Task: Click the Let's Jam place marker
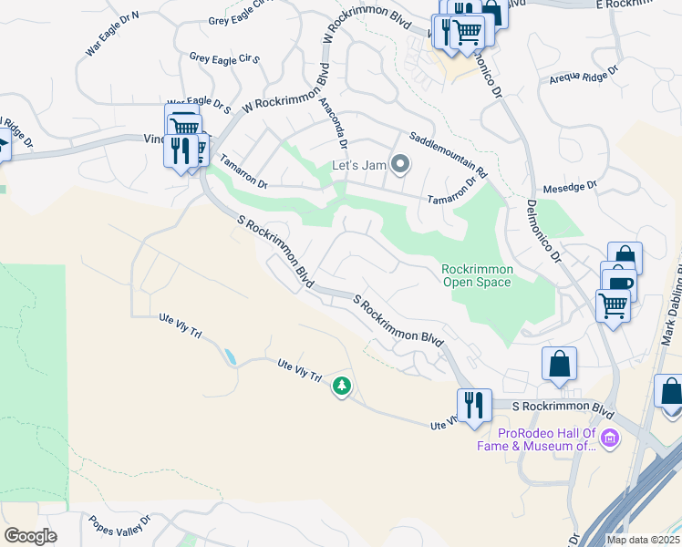(x=399, y=165)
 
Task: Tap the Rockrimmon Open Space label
(x=477, y=275)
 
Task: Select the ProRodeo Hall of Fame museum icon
(x=609, y=439)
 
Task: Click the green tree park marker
(x=342, y=387)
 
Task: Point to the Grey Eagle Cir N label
(x=242, y=19)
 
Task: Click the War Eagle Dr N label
(x=112, y=35)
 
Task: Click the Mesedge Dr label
(x=569, y=185)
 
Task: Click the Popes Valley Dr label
(x=119, y=525)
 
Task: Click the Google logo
(x=30, y=536)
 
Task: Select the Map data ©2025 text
(x=643, y=540)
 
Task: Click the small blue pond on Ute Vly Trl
(x=230, y=356)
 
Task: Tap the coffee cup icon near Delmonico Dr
(x=620, y=284)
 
